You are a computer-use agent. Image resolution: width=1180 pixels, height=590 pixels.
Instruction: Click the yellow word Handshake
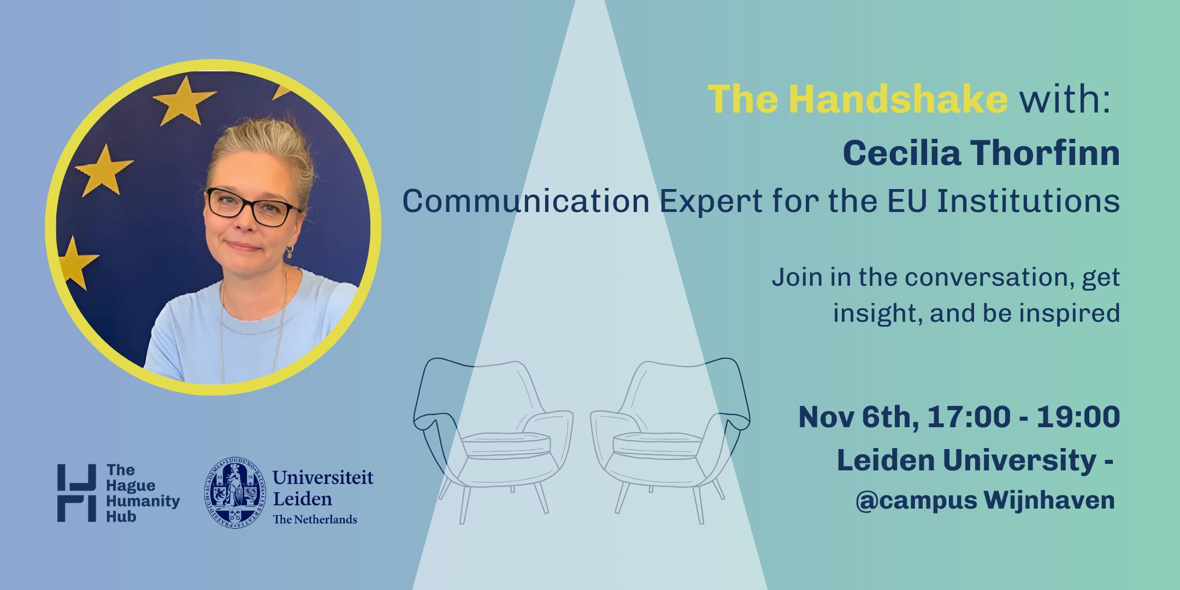point(898,99)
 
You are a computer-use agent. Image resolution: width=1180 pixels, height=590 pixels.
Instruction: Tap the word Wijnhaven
point(1049,500)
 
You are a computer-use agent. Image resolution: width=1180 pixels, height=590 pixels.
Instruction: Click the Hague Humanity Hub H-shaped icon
point(76,493)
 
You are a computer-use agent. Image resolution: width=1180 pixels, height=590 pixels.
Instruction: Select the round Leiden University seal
point(235,492)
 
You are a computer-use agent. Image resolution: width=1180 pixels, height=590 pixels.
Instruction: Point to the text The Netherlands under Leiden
point(315,519)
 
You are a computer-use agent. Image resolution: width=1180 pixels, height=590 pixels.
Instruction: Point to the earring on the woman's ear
point(290,252)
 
